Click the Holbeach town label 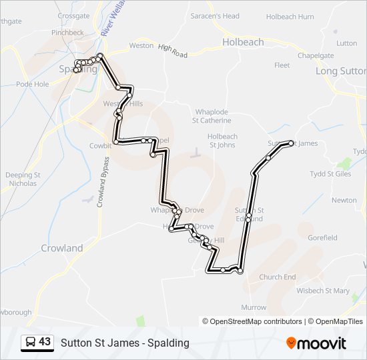[x=242, y=42]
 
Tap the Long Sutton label [x=340, y=71]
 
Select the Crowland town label [x=62, y=248]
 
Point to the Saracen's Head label [x=215, y=16]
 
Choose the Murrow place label [x=254, y=307]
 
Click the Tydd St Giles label [x=330, y=174]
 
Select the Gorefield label [x=323, y=237]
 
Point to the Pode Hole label [x=33, y=85]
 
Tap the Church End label [x=278, y=277]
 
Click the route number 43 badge [x=38, y=342]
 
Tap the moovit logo [x=316, y=343]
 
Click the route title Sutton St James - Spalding [x=125, y=343]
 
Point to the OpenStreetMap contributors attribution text [x=256, y=321]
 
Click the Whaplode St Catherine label [x=212, y=116]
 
